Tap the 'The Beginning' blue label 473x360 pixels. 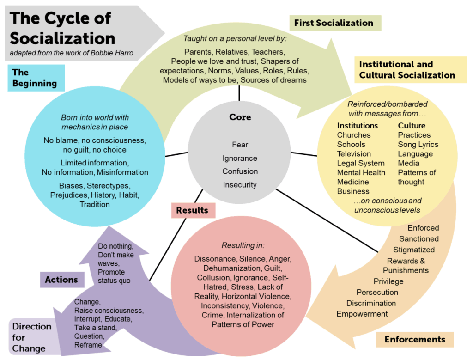35,78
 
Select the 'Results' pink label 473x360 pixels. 192,210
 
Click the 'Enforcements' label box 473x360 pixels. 415,339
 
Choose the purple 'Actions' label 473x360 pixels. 61,279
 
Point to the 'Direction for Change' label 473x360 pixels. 32,337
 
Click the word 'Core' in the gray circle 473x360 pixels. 240,117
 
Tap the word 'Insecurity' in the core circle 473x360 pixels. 240,184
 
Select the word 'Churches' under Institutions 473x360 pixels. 354,135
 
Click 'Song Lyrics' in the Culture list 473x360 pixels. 418,144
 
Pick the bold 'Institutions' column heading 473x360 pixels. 358,126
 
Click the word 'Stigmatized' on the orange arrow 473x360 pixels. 414,250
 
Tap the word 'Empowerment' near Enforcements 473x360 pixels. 362,314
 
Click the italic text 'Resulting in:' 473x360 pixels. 240,245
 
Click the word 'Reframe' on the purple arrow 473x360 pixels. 88,345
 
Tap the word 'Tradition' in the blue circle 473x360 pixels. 95,204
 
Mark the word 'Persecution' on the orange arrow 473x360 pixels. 377,292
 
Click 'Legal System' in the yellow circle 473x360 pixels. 361,163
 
